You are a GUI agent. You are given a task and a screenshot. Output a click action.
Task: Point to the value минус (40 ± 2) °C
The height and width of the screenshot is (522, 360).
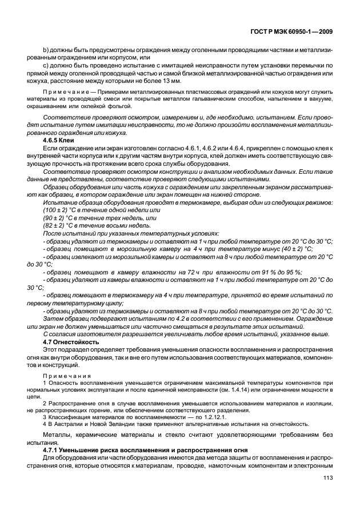(288, 249)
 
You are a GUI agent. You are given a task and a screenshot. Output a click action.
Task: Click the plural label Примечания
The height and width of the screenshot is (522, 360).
(65, 369)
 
